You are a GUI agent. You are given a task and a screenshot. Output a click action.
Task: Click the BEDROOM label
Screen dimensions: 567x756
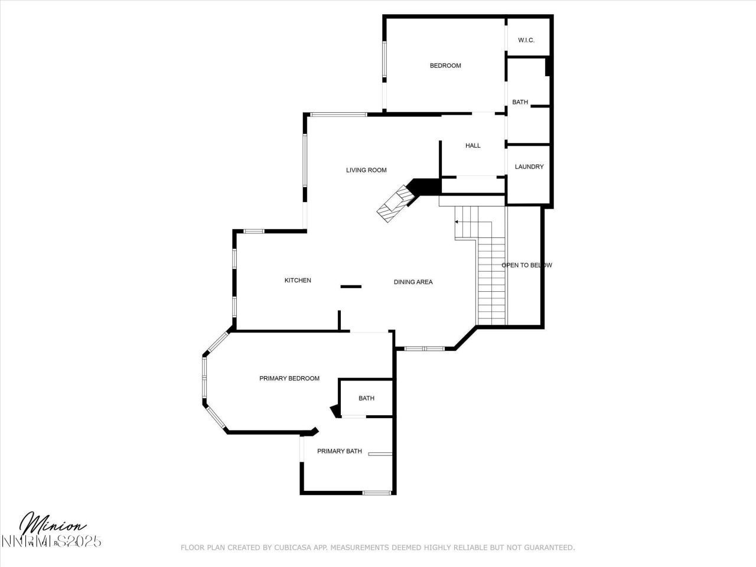[445, 66]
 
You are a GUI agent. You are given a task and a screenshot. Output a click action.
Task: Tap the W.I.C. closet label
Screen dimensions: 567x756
[526, 40]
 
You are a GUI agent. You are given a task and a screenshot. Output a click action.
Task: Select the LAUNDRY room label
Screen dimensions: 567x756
[529, 167]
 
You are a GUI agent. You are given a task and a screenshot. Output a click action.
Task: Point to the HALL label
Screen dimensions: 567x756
[472, 146]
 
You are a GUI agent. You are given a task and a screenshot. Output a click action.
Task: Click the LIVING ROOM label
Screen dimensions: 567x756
[366, 170]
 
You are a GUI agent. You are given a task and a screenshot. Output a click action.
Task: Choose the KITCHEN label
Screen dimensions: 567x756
[298, 281]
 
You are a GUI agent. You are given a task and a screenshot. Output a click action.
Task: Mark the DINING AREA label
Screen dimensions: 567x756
[413, 282]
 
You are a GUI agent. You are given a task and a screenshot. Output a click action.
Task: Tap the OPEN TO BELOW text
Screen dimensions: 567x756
[526, 265]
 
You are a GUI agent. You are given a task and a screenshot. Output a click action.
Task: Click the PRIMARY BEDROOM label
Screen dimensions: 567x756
[289, 379]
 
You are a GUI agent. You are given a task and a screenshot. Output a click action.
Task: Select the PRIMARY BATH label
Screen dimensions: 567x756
[339, 451]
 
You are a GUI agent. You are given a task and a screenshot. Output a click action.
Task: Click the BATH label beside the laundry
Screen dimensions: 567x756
[520, 102]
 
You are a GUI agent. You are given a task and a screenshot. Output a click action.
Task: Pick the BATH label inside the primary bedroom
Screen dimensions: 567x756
[366, 399]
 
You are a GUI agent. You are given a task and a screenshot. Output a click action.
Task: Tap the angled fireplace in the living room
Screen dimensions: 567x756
[395, 203]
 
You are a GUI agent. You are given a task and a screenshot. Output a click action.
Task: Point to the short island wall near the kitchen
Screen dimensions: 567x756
[351, 287]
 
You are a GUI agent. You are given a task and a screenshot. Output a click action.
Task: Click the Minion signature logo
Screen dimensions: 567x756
[53, 524]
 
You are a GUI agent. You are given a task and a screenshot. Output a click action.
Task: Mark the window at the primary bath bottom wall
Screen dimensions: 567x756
[376, 493]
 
